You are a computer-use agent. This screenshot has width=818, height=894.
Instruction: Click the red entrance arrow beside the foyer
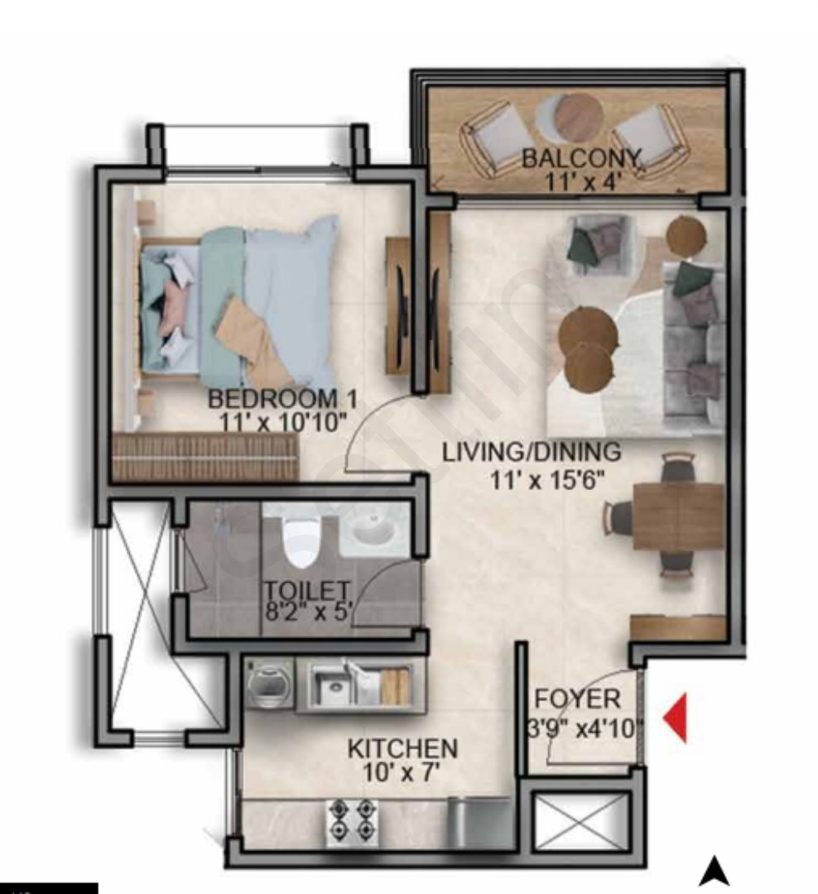click(676, 718)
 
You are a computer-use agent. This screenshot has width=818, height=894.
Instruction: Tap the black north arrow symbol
click(715, 872)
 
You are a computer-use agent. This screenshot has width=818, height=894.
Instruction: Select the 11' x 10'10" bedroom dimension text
click(283, 422)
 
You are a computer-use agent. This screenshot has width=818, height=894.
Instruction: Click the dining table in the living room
click(679, 516)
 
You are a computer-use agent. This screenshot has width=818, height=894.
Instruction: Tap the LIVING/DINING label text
click(532, 452)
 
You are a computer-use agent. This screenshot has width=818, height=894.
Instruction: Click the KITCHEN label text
click(402, 748)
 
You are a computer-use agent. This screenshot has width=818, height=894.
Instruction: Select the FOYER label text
click(577, 699)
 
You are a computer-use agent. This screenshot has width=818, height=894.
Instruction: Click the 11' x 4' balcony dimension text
click(583, 182)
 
